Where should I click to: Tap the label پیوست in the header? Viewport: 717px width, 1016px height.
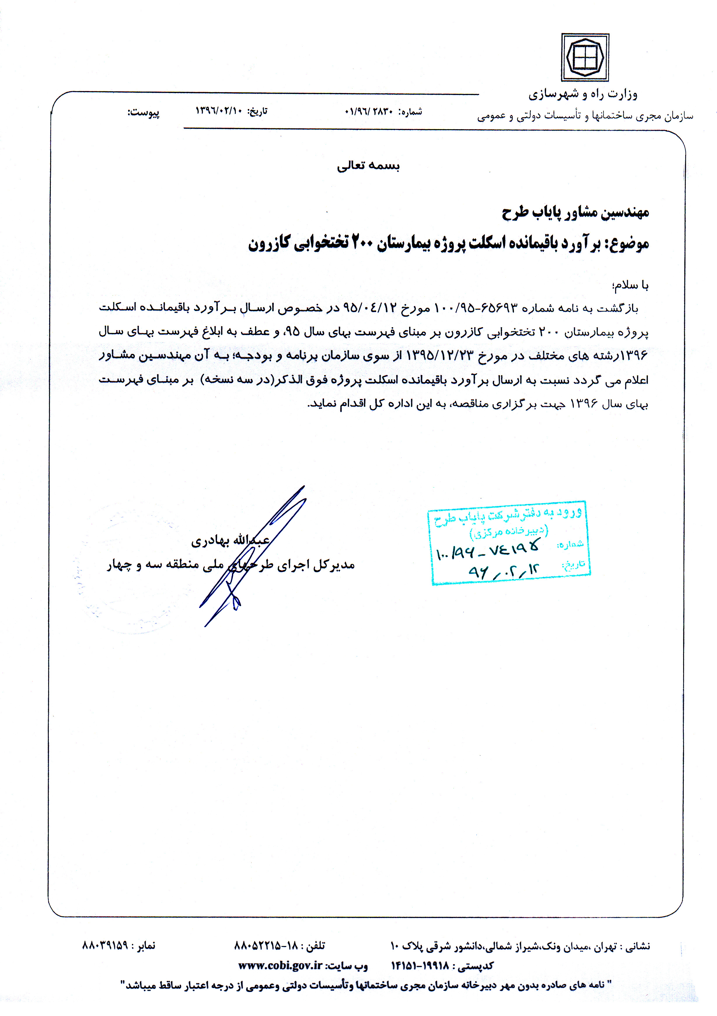point(144,112)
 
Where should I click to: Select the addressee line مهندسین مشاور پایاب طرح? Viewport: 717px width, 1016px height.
point(575,213)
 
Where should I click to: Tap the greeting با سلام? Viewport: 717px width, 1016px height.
point(630,285)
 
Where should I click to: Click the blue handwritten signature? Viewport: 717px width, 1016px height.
point(252,553)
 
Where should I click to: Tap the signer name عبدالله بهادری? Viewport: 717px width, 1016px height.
point(230,541)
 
